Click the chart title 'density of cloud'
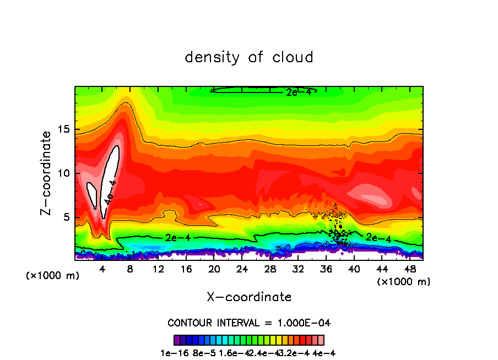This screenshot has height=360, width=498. click(249, 57)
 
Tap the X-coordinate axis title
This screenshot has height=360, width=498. click(249, 297)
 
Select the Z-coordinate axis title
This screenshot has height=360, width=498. click(47, 173)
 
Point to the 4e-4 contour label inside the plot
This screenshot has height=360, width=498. click(110, 192)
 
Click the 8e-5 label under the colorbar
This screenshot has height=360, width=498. click(205, 353)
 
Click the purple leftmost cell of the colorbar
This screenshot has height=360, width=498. click(177, 340)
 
